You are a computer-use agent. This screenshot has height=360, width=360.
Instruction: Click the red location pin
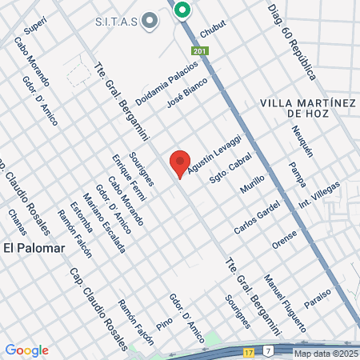pos(180,162)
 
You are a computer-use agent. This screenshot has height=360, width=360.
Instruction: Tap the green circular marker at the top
pos(182,10)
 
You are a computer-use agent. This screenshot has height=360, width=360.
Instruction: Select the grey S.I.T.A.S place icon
pos(149,22)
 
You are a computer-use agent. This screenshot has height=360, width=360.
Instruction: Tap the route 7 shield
pos(269,350)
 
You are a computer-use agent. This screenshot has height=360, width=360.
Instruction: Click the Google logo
pos(26,350)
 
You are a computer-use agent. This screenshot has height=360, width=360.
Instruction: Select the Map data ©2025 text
pos(326,354)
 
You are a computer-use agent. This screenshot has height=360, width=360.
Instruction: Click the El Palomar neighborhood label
pos(34,247)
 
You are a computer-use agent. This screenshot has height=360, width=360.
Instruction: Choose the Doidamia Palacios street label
pos(166,86)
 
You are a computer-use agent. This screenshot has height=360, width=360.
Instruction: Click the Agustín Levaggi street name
pos(214,150)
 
